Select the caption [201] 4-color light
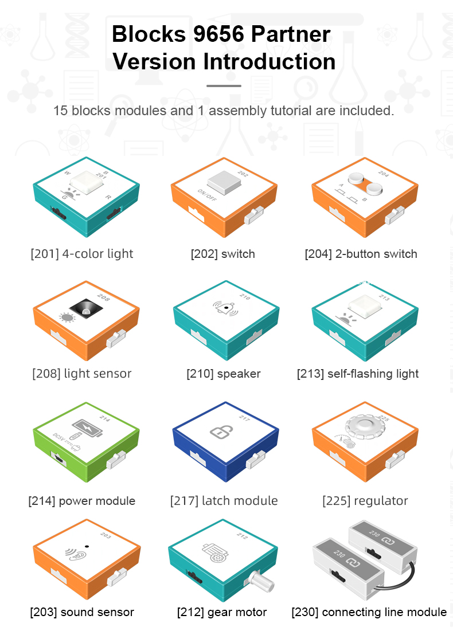tap(82, 254)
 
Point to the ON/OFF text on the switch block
tap(207, 195)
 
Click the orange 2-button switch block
tap(365, 197)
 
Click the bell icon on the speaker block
tap(225, 309)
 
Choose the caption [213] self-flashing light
tap(358, 374)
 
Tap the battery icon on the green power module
tap(87, 429)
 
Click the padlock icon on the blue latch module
tap(221, 432)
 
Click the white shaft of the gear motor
tap(261, 581)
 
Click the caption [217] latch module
tap(224, 501)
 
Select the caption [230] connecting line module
tap(369, 612)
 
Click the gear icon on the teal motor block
tap(216, 553)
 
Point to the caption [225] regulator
tap(365, 501)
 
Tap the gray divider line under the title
tap(224, 86)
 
